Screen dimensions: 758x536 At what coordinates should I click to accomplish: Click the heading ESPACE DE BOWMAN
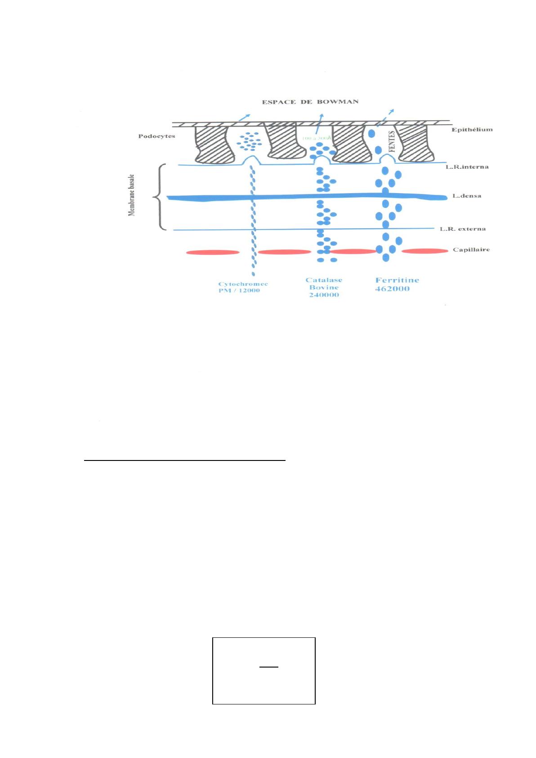click(310, 102)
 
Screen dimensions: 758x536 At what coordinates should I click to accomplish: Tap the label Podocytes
click(156, 136)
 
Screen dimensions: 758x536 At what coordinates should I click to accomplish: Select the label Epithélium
click(472, 130)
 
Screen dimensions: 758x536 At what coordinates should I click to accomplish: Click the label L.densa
click(467, 196)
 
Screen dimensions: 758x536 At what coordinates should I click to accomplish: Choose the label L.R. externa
click(462, 229)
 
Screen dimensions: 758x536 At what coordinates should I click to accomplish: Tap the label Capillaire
click(471, 249)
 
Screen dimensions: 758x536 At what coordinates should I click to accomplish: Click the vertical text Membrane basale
click(132, 196)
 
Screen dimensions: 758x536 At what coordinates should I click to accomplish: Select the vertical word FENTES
click(392, 141)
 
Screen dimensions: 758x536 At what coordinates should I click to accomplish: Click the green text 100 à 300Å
click(317, 137)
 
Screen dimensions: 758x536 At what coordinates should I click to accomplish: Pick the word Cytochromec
click(243, 284)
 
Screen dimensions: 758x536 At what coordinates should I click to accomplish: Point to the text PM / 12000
click(239, 290)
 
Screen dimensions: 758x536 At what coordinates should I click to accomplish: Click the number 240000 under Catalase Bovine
click(324, 295)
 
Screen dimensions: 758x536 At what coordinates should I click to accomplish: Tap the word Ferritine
click(397, 280)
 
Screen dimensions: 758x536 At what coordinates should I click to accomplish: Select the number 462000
click(392, 289)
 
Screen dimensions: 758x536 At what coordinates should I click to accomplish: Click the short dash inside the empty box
click(268, 667)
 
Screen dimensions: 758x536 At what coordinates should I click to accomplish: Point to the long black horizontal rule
click(185, 460)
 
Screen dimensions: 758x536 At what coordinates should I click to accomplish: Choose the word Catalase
click(324, 280)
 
